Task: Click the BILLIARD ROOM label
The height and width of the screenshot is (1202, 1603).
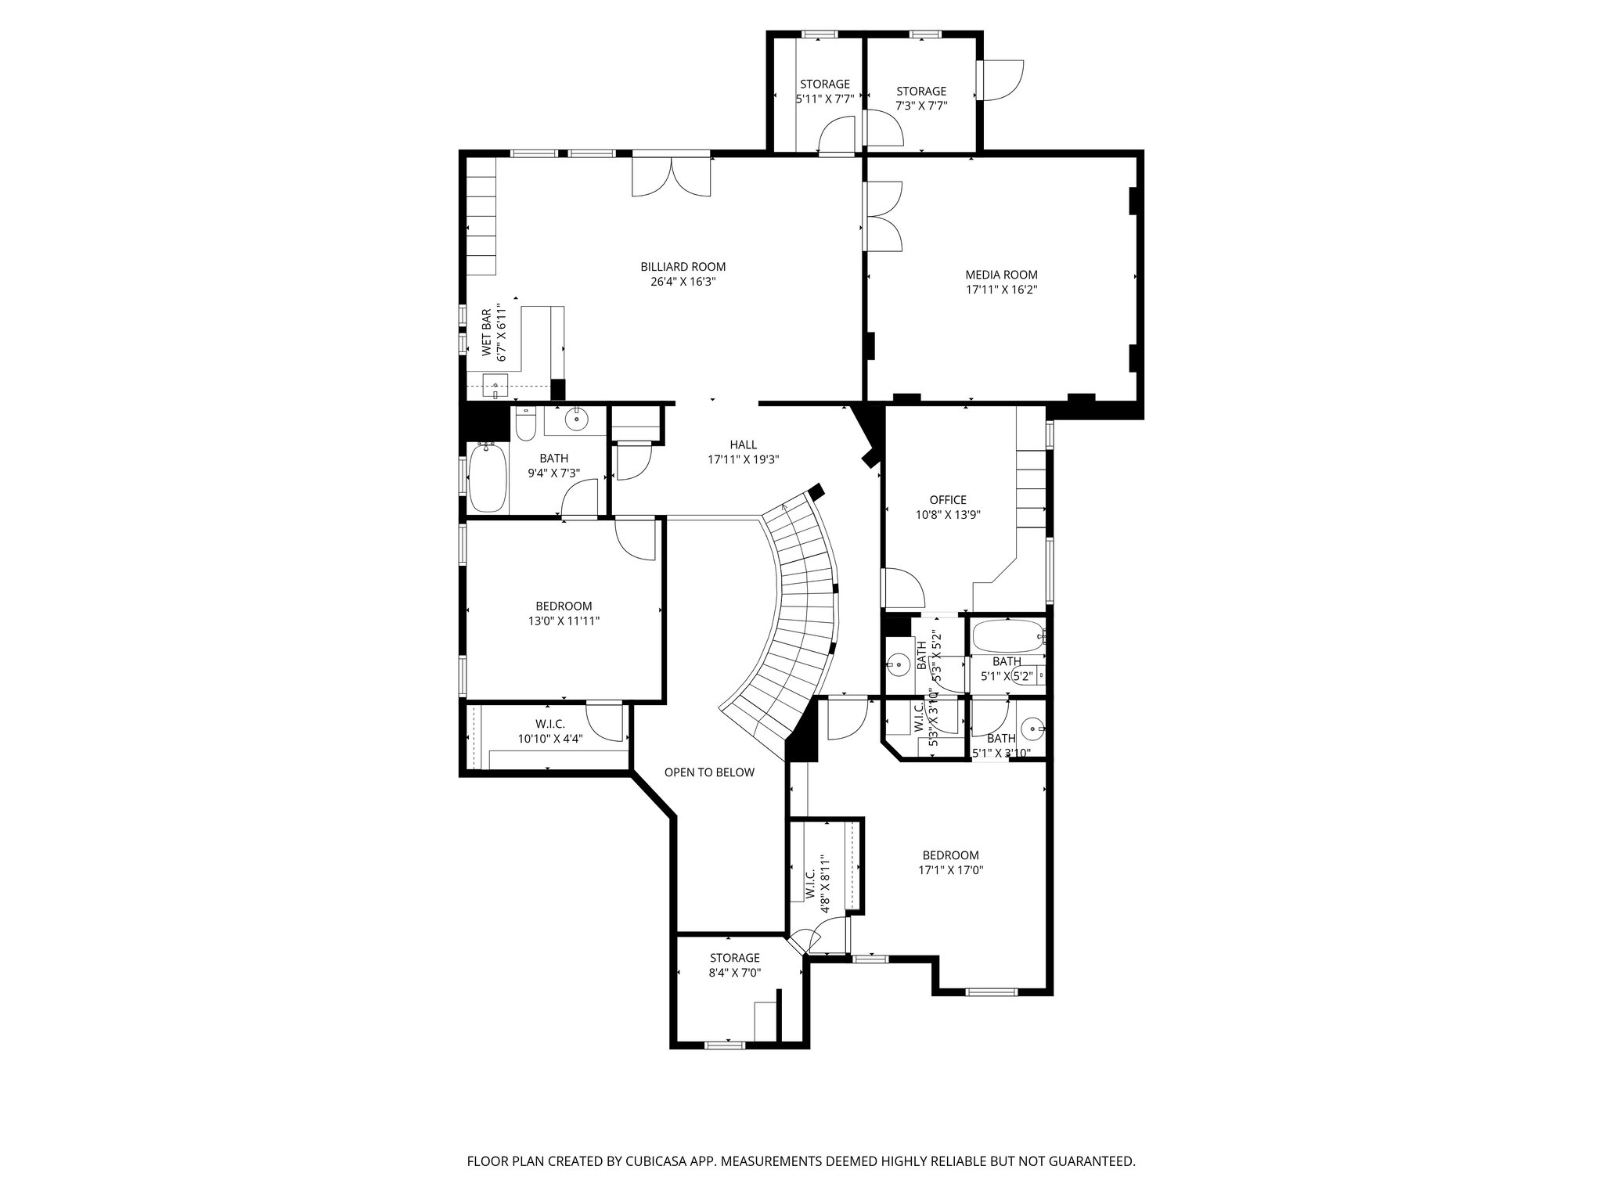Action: pos(683,267)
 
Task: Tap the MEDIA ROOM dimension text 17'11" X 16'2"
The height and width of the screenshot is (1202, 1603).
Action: pos(1001,290)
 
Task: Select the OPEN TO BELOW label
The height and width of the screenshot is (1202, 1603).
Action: pos(709,773)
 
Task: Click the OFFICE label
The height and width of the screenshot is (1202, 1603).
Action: pos(948,500)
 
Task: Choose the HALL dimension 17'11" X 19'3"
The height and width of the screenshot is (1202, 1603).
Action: pos(743,460)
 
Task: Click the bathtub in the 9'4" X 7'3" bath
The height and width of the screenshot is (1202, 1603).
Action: pos(486,477)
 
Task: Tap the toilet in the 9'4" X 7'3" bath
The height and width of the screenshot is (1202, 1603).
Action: pos(524,425)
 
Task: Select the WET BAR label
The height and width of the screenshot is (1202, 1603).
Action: pos(487,333)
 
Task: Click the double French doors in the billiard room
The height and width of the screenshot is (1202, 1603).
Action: pos(672,178)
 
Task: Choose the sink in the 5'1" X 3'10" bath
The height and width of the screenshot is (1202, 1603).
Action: pos(1033,729)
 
